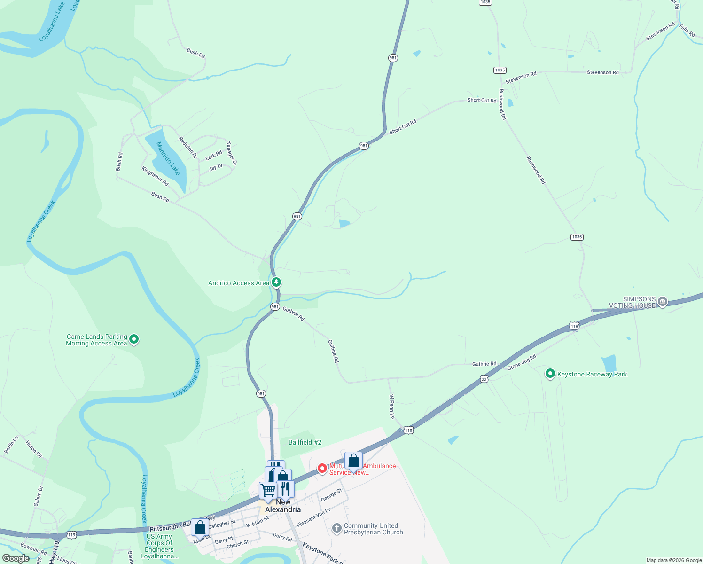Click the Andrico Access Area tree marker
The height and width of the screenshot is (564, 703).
tap(277, 282)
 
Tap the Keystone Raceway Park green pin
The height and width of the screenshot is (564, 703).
tap(550, 374)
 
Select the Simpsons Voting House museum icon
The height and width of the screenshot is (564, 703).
tap(662, 302)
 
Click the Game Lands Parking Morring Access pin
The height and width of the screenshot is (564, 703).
tap(134, 339)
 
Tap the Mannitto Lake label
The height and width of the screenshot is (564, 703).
tap(168, 158)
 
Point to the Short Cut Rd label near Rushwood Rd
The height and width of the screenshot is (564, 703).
tap(482, 100)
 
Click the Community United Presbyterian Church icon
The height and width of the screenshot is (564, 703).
tap(336, 528)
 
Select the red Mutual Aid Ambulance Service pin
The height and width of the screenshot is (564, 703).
tap(322, 469)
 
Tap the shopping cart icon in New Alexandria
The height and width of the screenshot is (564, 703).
tap(268, 490)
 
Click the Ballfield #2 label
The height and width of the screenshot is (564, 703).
tap(305, 442)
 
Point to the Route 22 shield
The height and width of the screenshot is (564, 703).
tap(484, 379)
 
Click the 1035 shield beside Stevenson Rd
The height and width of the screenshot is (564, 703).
tap(500, 70)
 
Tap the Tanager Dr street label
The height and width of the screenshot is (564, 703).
tap(231, 153)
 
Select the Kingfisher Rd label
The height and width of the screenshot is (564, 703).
tap(155, 176)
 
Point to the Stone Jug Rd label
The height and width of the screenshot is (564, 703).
tap(522, 362)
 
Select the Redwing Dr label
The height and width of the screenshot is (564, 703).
tap(187, 147)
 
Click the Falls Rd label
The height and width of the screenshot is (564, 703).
tap(687, 31)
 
